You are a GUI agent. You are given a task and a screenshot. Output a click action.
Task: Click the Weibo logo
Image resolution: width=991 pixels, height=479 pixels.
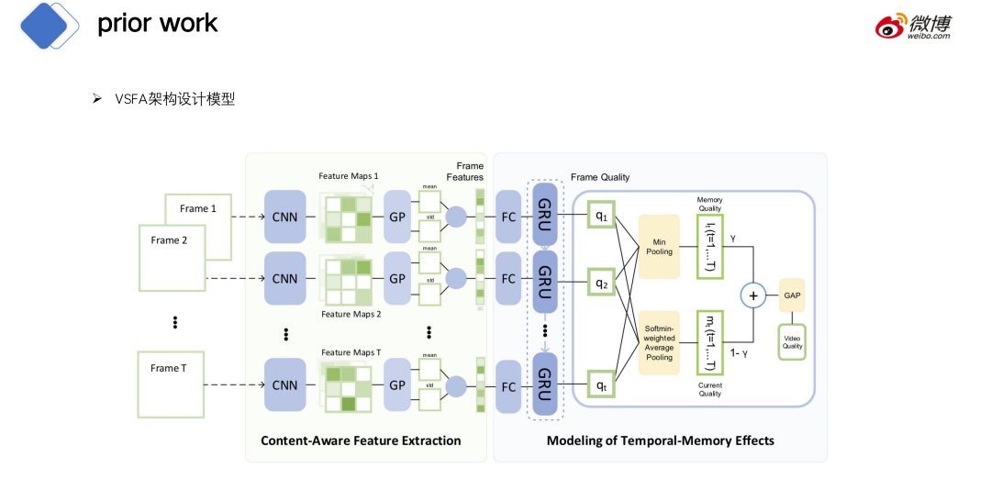pos(913,26)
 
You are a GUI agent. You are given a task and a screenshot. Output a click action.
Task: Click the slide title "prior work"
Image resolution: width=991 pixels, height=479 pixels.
pos(158,24)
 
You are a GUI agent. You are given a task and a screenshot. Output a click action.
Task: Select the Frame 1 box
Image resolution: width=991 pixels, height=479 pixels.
pos(198,209)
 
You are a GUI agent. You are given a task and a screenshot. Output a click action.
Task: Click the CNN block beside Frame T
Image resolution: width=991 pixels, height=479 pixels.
pos(284,385)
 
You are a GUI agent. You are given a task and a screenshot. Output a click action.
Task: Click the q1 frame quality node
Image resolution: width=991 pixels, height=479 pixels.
pos(601,217)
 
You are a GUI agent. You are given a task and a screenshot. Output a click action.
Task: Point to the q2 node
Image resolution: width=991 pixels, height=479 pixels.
pos(601,283)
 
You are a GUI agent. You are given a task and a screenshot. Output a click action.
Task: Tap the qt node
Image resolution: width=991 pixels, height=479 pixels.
pos(601,385)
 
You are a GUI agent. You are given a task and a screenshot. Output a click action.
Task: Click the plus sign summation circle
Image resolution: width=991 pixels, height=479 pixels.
pos(753,295)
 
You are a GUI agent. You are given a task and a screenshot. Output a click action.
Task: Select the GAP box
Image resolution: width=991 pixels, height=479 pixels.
pos(791,295)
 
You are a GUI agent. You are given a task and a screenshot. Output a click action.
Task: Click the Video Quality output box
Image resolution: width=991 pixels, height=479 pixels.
pos(791,340)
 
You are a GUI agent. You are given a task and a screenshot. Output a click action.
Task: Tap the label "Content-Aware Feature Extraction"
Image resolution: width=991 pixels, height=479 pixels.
pos(361,440)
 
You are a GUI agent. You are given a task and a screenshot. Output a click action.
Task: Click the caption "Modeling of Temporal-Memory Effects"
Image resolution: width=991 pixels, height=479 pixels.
pos(660,440)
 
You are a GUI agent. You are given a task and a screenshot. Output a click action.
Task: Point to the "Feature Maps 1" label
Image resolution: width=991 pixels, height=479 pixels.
pos(349,176)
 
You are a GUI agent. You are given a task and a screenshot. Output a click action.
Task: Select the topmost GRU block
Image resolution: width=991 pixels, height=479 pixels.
pos(544,217)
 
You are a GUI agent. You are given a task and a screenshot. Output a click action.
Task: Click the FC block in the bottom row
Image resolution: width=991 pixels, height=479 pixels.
pos(507,385)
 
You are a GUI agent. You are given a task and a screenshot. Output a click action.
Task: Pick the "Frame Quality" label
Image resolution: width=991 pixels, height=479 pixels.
pos(600,177)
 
